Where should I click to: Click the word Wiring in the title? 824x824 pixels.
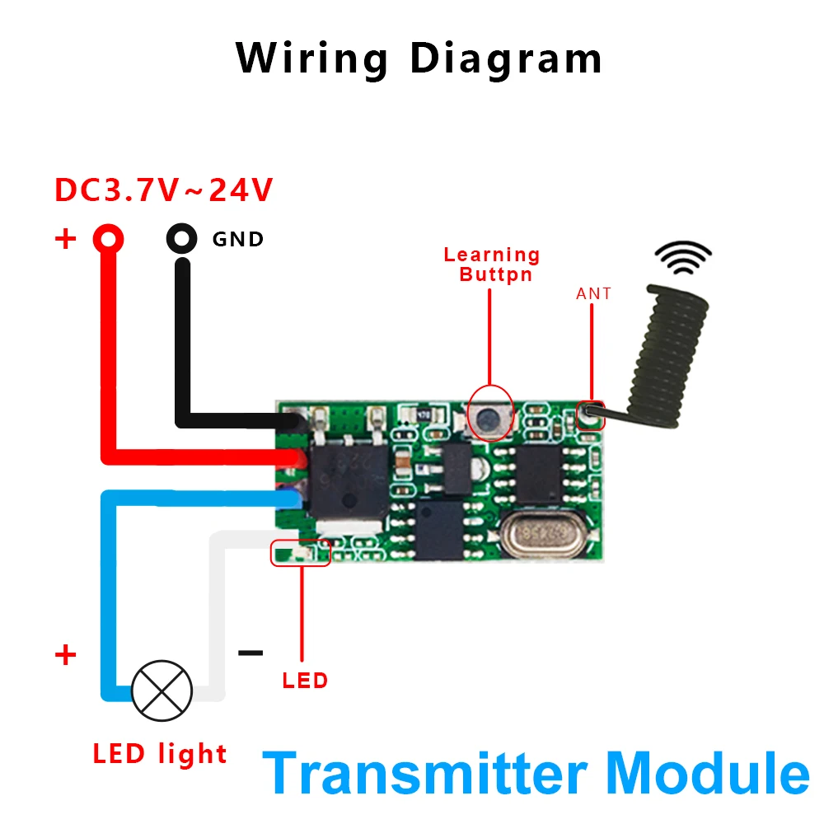coord(311,59)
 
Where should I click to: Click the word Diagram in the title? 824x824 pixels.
coord(505,59)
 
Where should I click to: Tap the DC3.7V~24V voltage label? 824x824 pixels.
coord(163,190)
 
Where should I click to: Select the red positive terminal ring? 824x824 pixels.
coord(108,239)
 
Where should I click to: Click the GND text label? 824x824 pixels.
coord(238,240)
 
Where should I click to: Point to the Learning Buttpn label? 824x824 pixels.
coord(492,265)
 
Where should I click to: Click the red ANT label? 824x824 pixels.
coord(593,293)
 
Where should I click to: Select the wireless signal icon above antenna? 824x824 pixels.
coord(683,257)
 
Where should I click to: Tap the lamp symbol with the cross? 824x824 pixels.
coord(162,689)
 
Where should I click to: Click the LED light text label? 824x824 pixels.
coord(159,753)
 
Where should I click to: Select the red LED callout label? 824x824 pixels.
coord(305,681)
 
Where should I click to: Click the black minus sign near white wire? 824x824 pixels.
coord(250,653)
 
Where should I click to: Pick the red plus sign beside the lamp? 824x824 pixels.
coord(65,656)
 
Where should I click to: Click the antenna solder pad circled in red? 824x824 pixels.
coord(590,415)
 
